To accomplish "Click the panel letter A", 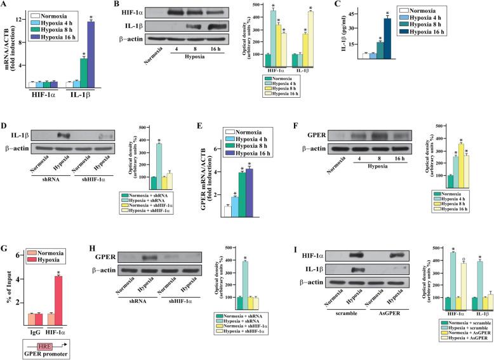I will pyautogui.click(x=5, y=6).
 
